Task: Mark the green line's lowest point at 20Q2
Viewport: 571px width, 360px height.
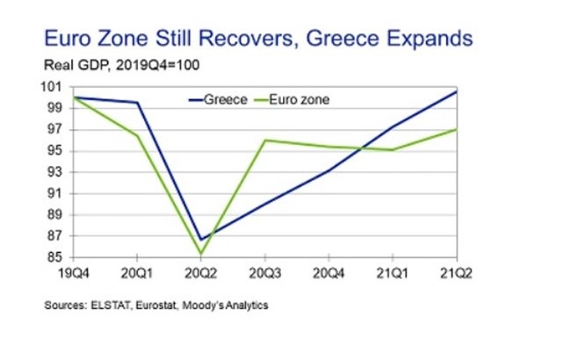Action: pyautogui.click(x=200, y=255)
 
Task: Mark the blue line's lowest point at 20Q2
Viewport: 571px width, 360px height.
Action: pyautogui.click(x=200, y=239)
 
